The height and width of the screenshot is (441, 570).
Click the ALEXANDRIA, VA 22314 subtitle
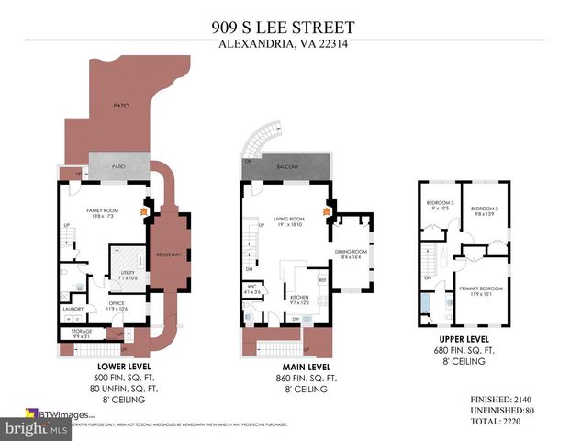click(x=285, y=42)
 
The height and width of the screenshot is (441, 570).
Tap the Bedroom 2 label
click(x=483, y=209)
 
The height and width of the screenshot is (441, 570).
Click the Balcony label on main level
click(x=287, y=168)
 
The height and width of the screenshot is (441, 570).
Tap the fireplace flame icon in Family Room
click(x=142, y=209)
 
